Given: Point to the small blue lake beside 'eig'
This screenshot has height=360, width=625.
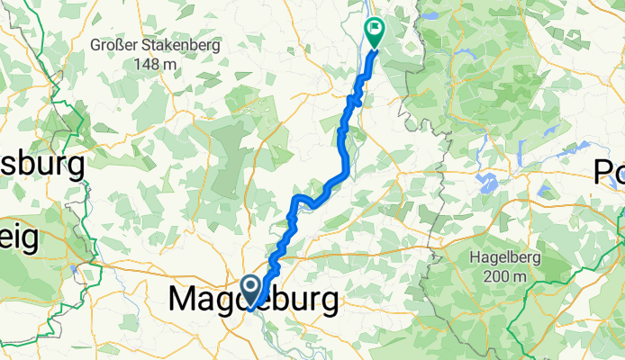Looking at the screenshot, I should point(85,271).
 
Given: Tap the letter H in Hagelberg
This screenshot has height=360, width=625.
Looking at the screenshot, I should point(475,256).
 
